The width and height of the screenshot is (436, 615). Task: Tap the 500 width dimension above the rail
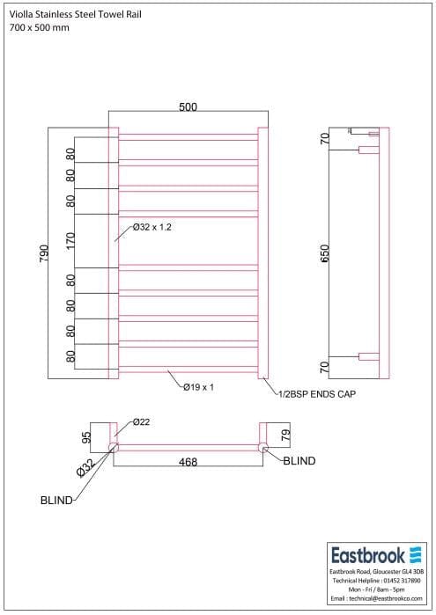tap(188, 107)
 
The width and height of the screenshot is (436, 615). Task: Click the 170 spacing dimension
tap(70, 240)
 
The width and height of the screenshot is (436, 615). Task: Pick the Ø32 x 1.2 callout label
tap(152, 227)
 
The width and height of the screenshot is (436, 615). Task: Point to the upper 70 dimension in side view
tap(324, 138)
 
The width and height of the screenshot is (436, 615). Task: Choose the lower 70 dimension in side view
tap(324, 367)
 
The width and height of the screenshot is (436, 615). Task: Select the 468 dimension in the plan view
tap(187, 461)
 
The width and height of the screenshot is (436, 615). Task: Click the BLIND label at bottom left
tap(56, 501)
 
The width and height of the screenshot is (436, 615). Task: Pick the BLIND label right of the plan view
tap(299, 460)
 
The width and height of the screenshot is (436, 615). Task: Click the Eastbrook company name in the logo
tap(367, 555)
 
